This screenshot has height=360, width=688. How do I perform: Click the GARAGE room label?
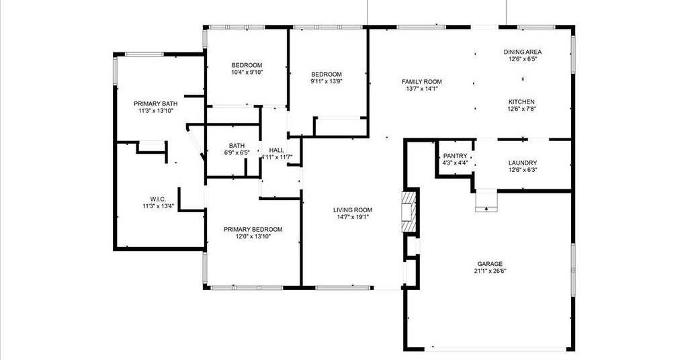(x=490, y=264)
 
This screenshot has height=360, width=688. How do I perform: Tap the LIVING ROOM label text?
(x=353, y=210)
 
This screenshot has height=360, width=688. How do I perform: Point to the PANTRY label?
(x=455, y=156)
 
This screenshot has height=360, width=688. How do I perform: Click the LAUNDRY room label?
(x=523, y=163)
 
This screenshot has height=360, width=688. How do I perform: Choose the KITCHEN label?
(x=521, y=101)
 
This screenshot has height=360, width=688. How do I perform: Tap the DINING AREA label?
(x=523, y=52)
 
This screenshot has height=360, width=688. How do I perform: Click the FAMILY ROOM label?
(x=422, y=81)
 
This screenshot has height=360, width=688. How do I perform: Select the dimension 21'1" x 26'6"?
(x=490, y=271)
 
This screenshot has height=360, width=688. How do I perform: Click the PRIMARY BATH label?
(x=156, y=104)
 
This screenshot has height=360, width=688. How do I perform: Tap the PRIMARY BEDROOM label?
(x=253, y=229)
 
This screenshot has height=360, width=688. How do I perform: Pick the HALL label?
(x=276, y=150)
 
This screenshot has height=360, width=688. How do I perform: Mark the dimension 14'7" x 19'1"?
(x=353, y=217)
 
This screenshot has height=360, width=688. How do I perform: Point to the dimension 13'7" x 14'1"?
(x=422, y=89)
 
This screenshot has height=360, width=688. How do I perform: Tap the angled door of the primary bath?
(x=196, y=142)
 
